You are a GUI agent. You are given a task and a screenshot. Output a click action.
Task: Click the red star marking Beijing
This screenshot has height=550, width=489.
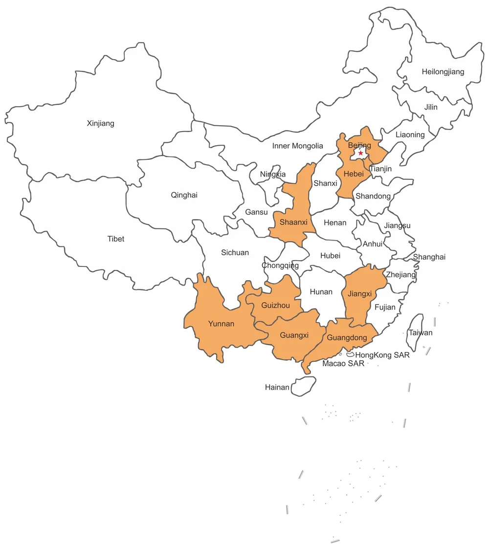click(x=360, y=153)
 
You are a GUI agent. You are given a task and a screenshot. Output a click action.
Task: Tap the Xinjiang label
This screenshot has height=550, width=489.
click(x=100, y=123)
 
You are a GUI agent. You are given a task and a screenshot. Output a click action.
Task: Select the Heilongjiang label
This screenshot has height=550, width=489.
click(x=443, y=72)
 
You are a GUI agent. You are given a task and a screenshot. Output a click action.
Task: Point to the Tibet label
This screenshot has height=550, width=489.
click(x=116, y=239)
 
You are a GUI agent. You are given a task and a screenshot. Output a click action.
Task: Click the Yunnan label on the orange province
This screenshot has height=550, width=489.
click(x=221, y=324)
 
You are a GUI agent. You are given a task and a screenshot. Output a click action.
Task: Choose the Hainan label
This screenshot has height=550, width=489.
click(x=277, y=387)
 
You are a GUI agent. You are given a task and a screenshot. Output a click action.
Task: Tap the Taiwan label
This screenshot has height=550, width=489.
click(x=421, y=332)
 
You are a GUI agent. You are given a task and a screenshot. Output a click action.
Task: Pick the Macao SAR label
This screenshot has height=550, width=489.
click(x=343, y=364)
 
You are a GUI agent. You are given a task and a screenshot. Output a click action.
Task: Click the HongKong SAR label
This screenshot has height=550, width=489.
click(x=382, y=355)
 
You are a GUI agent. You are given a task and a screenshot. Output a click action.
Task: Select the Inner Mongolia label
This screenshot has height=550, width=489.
click(x=297, y=146)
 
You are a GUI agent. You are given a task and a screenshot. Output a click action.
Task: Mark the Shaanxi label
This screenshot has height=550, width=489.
click(x=293, y=222)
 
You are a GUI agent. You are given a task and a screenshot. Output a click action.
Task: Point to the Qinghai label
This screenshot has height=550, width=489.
click(x=184, y=195)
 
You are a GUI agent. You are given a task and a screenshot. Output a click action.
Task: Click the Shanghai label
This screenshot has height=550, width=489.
click(x=429, y=257)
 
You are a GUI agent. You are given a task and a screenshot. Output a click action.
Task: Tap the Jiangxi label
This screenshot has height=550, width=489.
click(x=360, y=294)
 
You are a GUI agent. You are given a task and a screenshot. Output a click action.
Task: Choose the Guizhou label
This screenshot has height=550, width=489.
click(x=275, y=305)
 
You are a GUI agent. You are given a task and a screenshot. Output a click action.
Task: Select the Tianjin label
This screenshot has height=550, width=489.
click(x=380, y=169)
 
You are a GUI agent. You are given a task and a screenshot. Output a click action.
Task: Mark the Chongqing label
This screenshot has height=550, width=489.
click(x=280, y=265)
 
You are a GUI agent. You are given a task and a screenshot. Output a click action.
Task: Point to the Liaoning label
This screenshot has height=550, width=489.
click(x=410, y=134)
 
